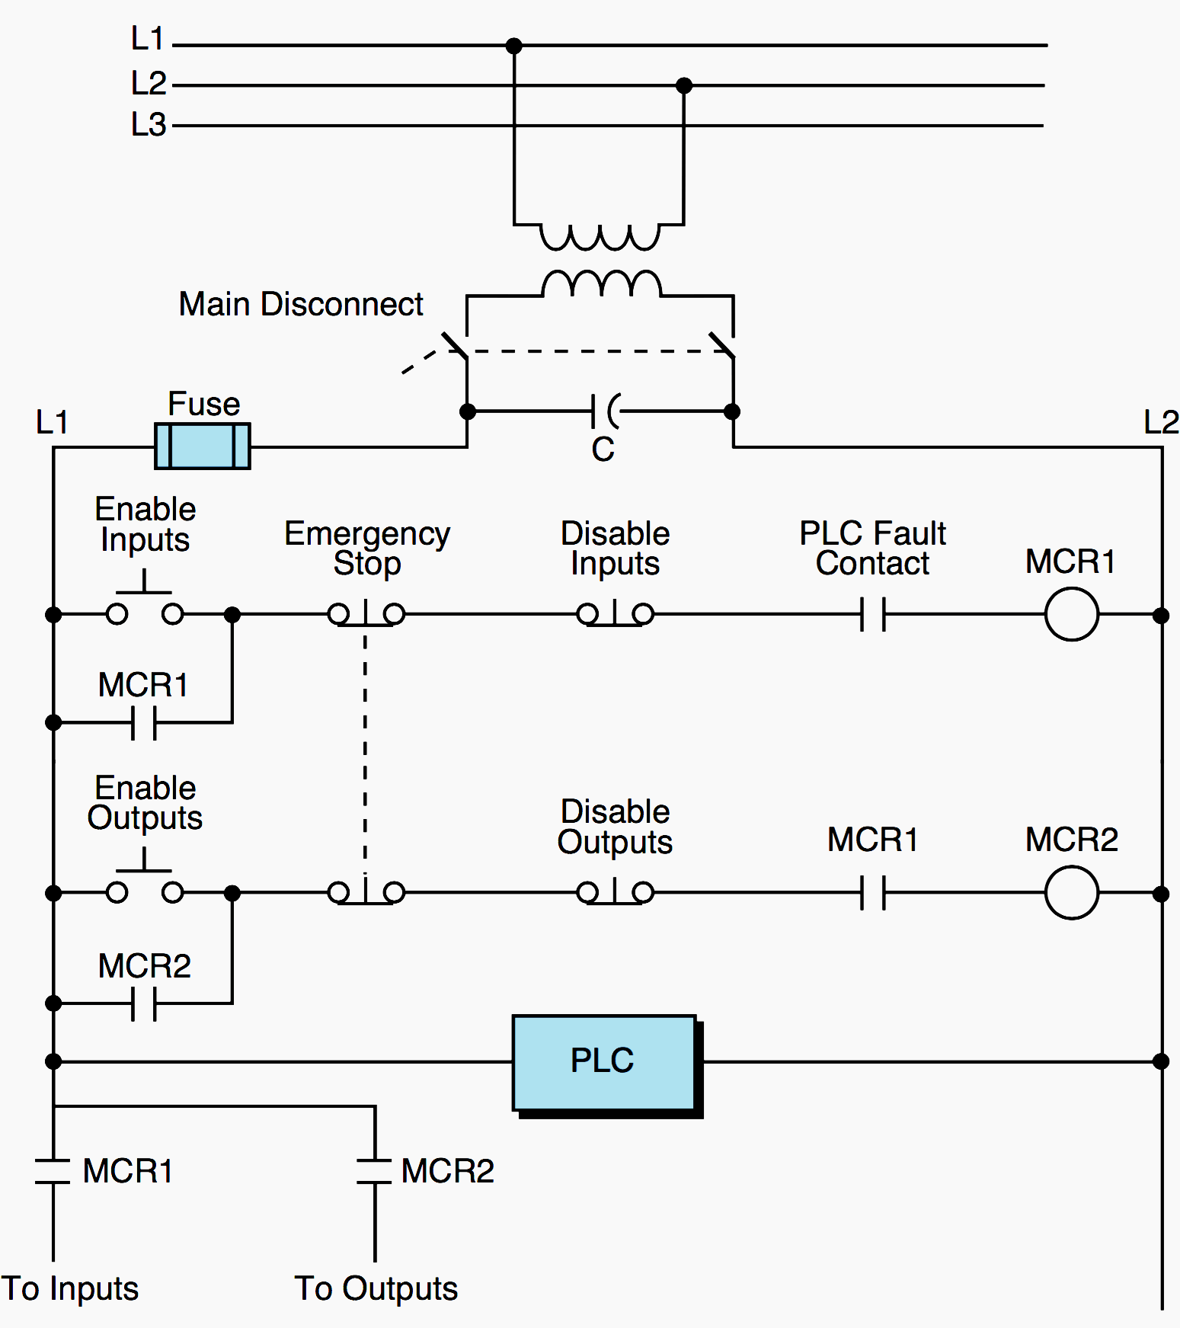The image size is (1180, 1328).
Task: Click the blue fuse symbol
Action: tap(202, 446)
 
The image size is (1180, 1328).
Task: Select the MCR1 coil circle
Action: tap(1071, 614)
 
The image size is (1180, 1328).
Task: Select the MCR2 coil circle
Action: tap(1071, 892)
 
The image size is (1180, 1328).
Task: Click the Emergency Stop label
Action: tap(367, 548)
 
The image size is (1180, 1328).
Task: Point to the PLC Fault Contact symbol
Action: tap(873, 614)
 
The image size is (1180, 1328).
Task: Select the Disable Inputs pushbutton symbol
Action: tap(615, 614)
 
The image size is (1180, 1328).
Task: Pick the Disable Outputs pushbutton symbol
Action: tap(615, 892)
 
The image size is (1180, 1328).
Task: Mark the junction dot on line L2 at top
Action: tap(684, 85)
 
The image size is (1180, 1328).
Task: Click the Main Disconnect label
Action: tap(300, 304)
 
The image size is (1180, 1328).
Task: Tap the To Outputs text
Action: tap(376, 1288)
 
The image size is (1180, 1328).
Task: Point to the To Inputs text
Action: tap(70, 1288)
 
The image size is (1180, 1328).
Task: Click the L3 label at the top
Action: tap(148, 125)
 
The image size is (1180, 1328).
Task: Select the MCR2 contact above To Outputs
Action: tap(375, 1172)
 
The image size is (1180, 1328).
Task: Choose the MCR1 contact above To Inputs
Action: tap(53, 1172)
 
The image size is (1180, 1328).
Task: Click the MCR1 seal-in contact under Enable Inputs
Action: tap(144, 722)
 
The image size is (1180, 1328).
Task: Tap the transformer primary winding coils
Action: tap(600, 238)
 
